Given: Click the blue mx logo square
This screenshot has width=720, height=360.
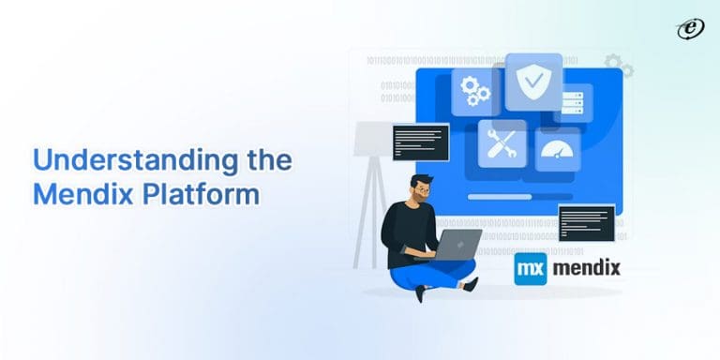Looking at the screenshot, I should (x=531, y=268).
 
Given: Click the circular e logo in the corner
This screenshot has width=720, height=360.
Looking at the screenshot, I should (x=690, y=30).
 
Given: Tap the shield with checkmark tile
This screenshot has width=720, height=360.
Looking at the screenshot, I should (x=533, y=82).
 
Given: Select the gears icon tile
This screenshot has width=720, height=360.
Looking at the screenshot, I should (x=474, y=91).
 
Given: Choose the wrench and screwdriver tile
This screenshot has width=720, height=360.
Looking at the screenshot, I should (x=502, y=143).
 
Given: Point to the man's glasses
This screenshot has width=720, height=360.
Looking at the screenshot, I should (x=424, y=190).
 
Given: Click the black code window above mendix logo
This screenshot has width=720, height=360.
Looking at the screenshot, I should (x=586, y=223).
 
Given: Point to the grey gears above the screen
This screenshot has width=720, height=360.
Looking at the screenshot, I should (x=620, y=66).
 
